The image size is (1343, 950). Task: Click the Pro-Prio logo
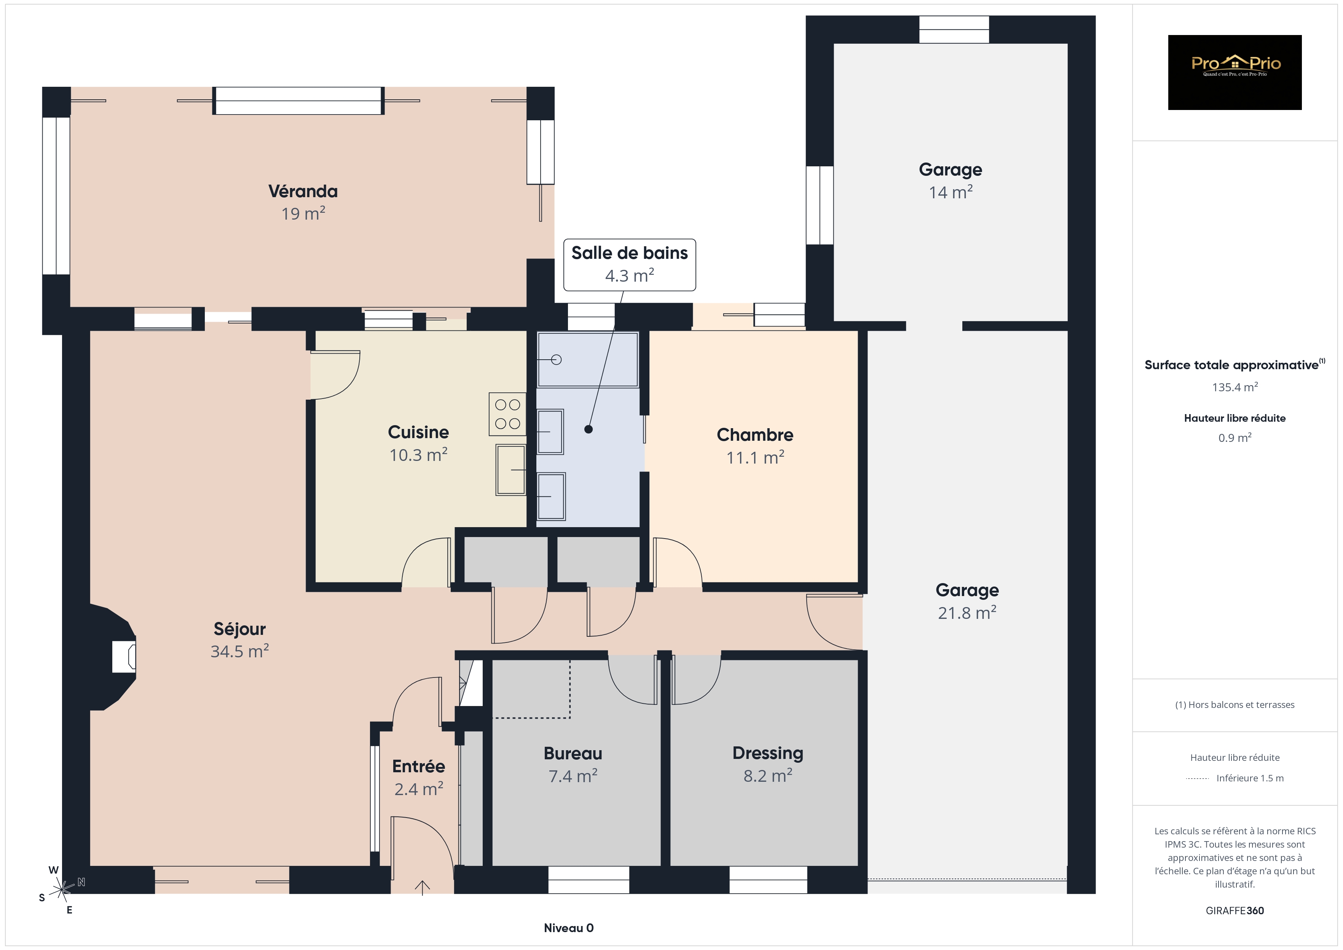1235,73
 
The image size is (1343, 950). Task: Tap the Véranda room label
303,191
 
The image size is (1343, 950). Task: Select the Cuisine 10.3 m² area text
419,455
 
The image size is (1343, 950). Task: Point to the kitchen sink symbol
510,470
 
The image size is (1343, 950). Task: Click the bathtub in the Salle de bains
588,360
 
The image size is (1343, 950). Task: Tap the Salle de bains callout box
629,265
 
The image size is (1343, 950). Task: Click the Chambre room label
755,435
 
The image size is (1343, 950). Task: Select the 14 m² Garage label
951,192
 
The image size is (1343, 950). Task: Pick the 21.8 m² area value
968,612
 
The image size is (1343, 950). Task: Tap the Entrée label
419,766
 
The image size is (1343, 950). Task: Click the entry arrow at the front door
422,888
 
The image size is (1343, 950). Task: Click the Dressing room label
768,754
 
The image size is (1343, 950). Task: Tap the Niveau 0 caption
569,928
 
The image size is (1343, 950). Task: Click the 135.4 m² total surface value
1235,387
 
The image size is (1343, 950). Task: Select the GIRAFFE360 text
1235,911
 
